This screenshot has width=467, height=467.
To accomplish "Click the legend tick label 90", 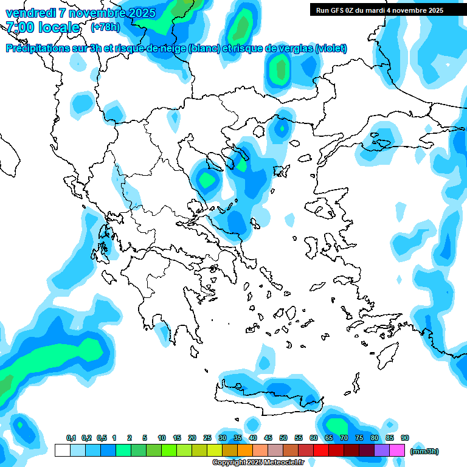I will click(x=405, y=438).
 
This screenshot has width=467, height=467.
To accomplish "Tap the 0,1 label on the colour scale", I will click(x=71, y=438).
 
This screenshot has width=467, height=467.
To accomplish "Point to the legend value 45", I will click(x=268, y=438).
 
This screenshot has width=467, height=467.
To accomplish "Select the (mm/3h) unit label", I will click(x=424, y=451).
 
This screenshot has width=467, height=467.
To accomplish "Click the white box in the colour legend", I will click(x=62, y=450).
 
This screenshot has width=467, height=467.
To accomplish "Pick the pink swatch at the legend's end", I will click(x=397, y=450).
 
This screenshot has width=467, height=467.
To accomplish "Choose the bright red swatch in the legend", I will click(x=321, y=450).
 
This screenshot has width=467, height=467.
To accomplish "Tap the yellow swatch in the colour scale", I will click(x=215, y=450).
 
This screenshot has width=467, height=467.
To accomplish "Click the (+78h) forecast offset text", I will click(x=105, y=27).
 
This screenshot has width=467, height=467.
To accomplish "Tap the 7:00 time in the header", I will click(x=20, y=27).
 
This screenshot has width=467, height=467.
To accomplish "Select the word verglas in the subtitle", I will click(x=294, y=48).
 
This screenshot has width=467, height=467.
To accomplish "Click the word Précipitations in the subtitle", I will click(x=38, y=48).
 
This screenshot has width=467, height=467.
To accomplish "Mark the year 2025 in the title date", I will click(x=140, y=12).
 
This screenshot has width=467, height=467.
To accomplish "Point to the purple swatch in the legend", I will click(x=382, y=450).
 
